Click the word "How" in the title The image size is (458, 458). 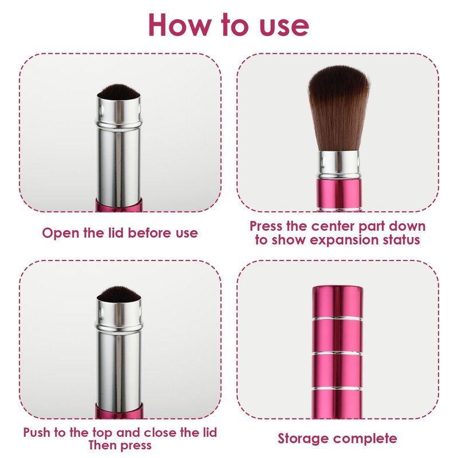pos(180,25)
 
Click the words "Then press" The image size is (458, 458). pos(120,445)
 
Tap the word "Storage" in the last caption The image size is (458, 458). pos(303,439)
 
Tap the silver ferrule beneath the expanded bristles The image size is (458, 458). pos(339,165)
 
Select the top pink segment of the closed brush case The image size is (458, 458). pos(338,302)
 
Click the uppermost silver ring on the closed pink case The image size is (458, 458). pos(338,318)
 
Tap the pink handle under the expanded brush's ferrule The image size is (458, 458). pos(339,195)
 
